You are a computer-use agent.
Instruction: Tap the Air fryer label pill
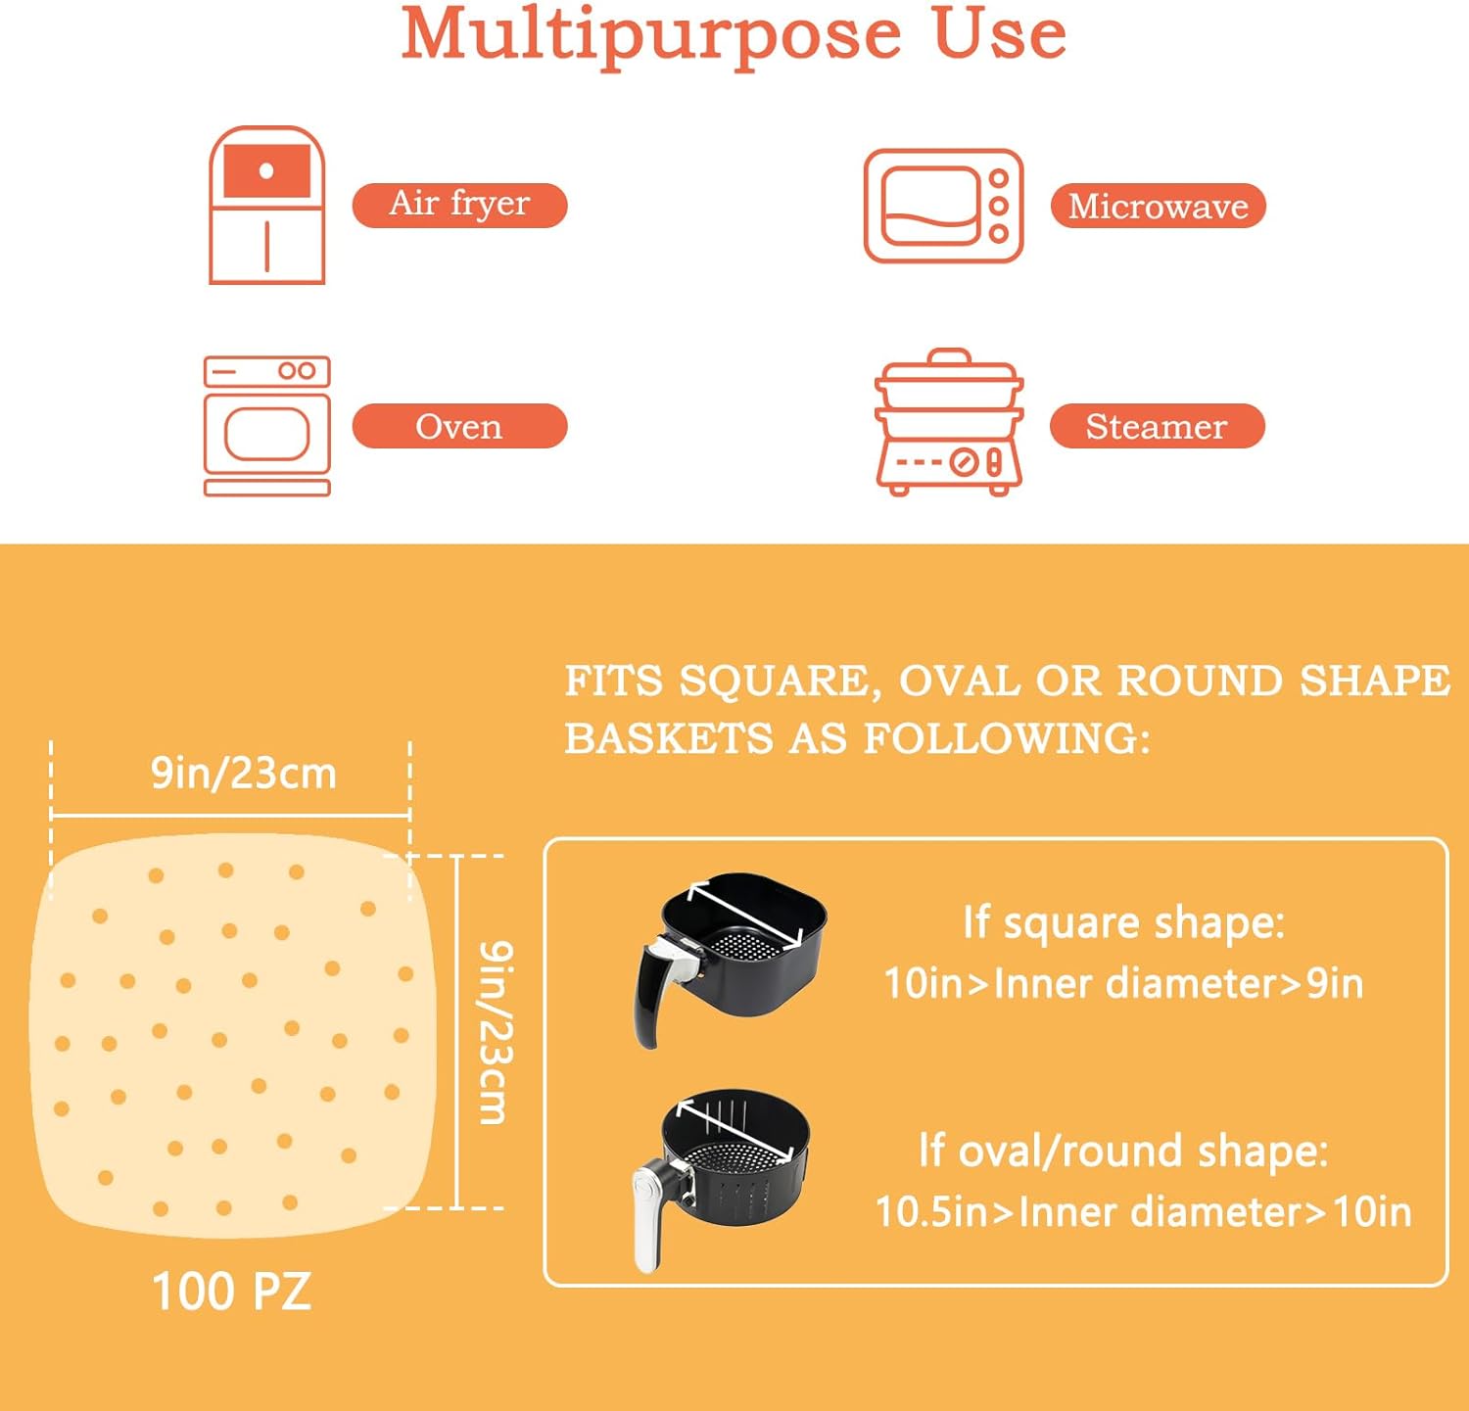coord(459,205)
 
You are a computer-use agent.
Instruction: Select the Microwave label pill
coord(1158,206)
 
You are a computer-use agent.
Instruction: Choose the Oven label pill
coord(459,426)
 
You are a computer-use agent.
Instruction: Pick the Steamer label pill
coord(1157,426)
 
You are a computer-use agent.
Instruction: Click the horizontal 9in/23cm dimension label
coord(243,773)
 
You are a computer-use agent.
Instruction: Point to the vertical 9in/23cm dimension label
coord(496,1032)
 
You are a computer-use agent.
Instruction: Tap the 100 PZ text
coord(231,1291)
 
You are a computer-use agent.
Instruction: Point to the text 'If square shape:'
coord(1123,922)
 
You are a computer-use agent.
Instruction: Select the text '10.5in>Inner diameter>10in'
coord(1143,1211)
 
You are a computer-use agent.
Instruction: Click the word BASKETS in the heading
coord(669,738)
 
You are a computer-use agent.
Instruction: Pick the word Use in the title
coord(999,34)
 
